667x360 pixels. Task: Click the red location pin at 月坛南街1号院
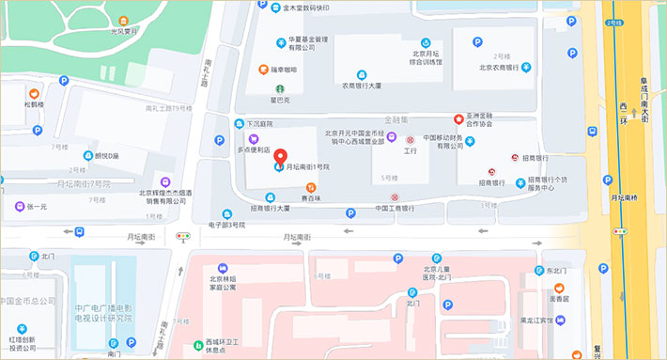click(278, 155)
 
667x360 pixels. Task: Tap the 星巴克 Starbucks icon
click(278, 86)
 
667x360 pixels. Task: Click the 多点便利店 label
click(254, 149)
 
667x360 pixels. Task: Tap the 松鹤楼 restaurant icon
click(34, 93)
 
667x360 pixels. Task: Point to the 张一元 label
click(37, 206)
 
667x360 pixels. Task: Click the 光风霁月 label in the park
click(126, 31)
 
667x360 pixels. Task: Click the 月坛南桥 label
click(626, 197)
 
